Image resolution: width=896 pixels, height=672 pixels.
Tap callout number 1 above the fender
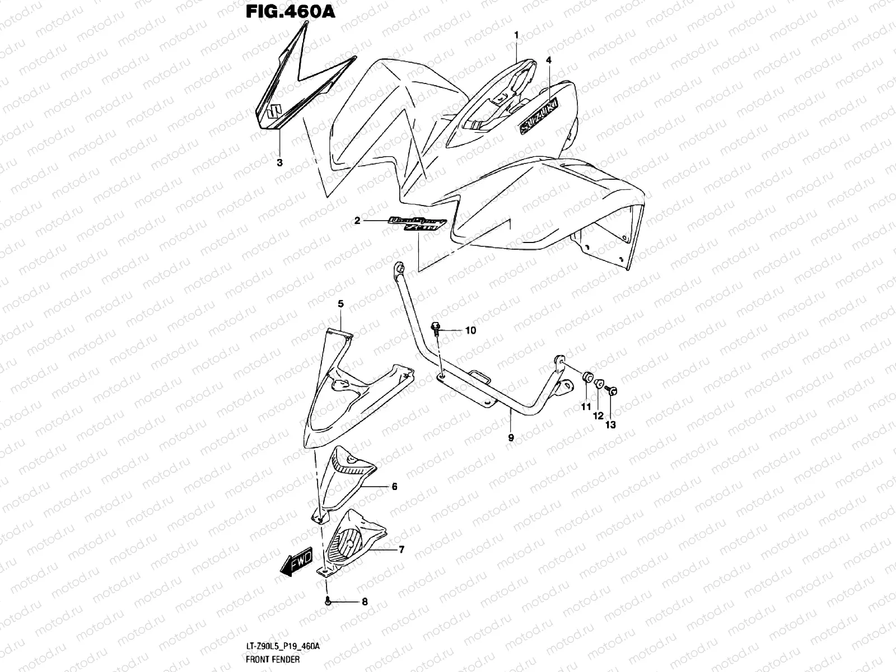pos(516,35)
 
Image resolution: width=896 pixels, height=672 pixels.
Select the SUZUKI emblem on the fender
pos(539,117)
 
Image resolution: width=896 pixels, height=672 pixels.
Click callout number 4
pos(549,59)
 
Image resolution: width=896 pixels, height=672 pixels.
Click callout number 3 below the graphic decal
pos(279,163)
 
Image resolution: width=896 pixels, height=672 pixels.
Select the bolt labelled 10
pos(436,328)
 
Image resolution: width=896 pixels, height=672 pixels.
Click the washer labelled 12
pos(599,385)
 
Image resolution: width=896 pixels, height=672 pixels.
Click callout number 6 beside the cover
pos(394,487)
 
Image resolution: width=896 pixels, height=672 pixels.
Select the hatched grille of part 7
pos(347,541)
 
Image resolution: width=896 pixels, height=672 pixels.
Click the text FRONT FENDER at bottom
pos(273,659)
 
